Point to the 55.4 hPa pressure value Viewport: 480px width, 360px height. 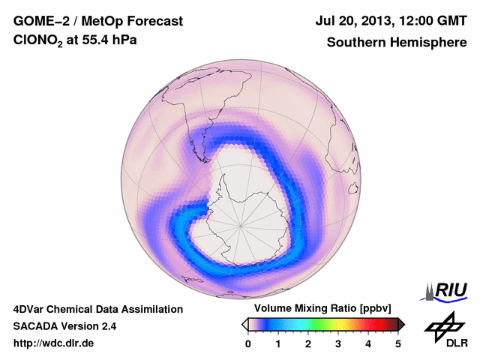click(x=104, y=42)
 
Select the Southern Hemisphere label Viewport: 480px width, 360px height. click(x=397, y=43)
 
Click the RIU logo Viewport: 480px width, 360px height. click(x=445, y=289)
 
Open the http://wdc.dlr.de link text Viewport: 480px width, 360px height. click(x=54, y=343)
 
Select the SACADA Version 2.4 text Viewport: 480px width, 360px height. click(x=64, y=326)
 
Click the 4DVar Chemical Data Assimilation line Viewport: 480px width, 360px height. click(x=98, y=309)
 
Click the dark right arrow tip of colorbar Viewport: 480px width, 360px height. click(x=401, y=324)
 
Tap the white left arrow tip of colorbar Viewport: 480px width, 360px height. click(x=244, y=324)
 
